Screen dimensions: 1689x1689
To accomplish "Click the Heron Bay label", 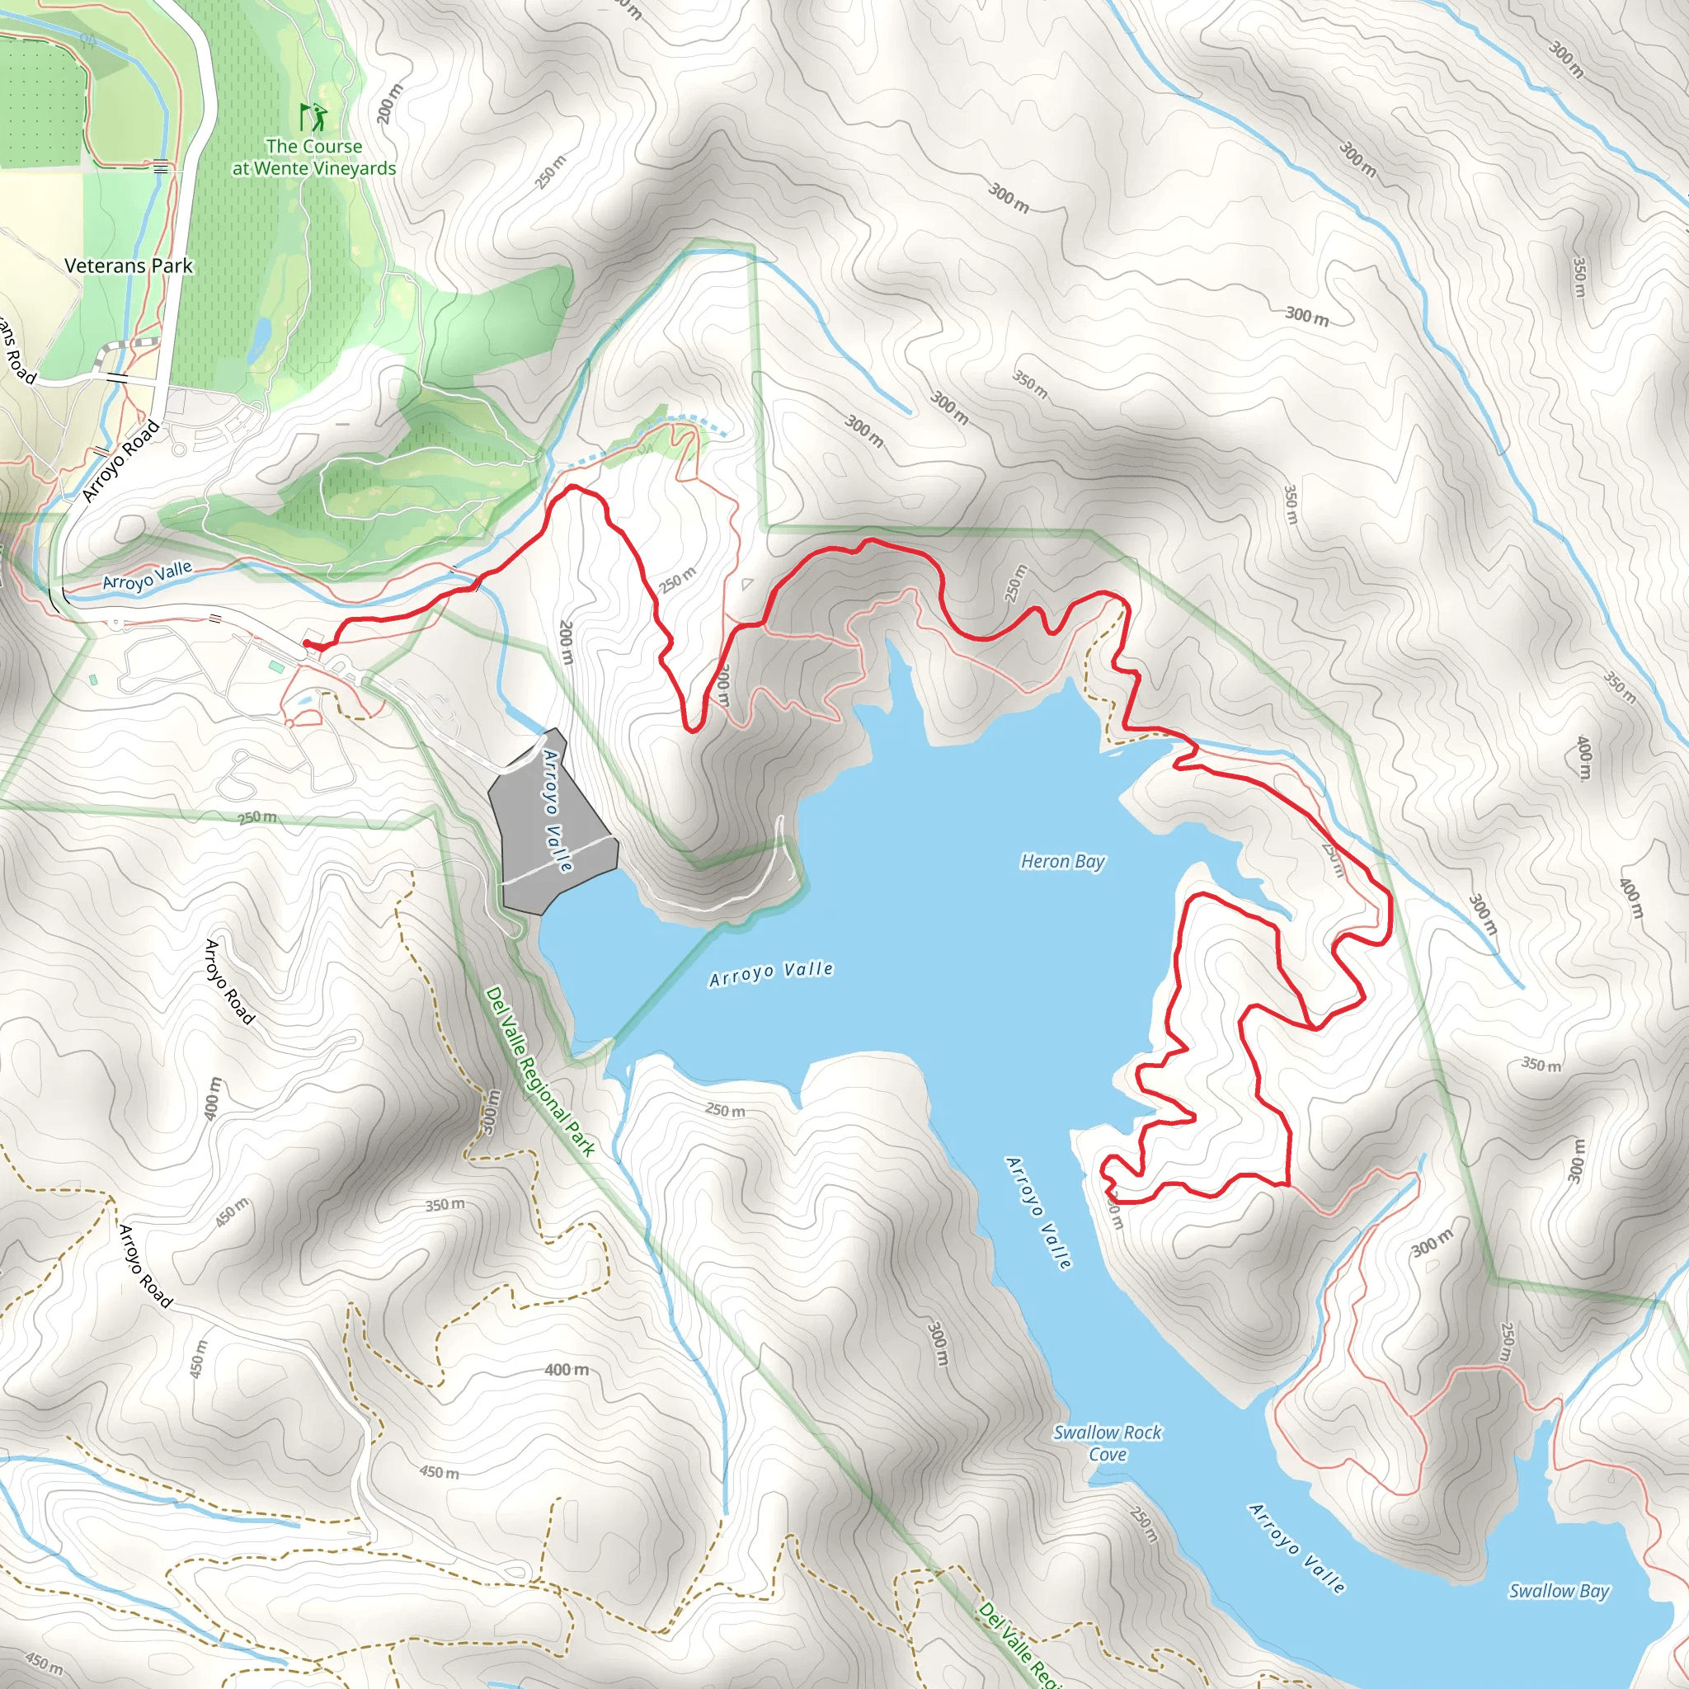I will [x=1062, y=862].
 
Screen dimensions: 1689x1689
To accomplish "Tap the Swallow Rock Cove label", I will [x=1107, y=1442].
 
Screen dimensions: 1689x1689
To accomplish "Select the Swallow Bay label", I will [x=1559, y=1591].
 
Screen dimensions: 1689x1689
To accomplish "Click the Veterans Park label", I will [x=129, y=266].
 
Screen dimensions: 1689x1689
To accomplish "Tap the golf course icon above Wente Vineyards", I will [x=313, y=116].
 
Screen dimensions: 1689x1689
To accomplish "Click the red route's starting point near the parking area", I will [x=307, y=645].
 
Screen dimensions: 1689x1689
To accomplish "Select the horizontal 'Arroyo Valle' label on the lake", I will [x=771, y=973].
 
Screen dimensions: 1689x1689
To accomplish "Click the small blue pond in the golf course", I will [x=260, y=339].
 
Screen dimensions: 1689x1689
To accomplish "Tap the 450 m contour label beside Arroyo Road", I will [x=232, y=1211].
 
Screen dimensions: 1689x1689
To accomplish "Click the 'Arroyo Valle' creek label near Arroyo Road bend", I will [x=147, y=576].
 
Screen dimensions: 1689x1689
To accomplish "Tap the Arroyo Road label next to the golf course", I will [x=122, y=461].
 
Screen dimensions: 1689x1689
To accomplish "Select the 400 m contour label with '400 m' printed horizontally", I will [x=567, y=1369].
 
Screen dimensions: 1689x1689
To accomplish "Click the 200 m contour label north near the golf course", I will [x=391, y=103].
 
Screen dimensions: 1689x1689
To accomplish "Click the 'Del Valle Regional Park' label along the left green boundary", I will [x=539, y=1071].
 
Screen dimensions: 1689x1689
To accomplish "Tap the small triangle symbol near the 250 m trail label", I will [x=746, y=584].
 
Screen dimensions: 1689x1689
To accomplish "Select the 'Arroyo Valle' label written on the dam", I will [x=558, y=812].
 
